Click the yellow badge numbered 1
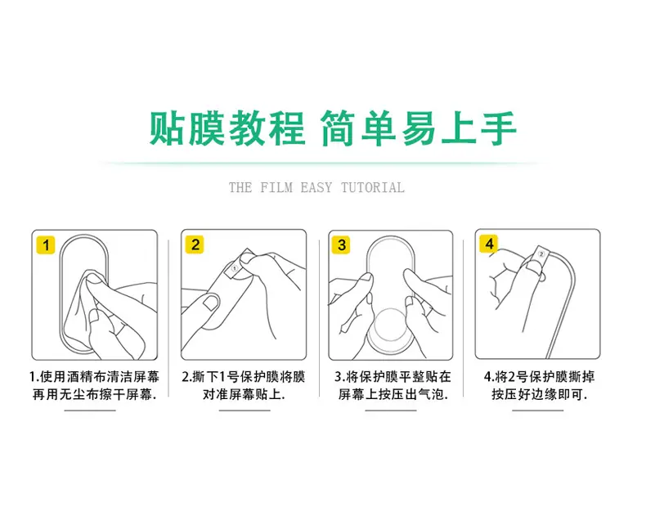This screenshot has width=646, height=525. coord(46,245)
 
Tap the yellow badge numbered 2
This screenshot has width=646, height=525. coord(195,245)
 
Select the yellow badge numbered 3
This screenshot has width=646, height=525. coord(341,245)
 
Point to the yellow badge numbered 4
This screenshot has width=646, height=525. coord(489,244)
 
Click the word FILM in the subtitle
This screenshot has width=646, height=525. coord(276,187)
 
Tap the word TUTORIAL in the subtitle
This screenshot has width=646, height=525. coord(372,187)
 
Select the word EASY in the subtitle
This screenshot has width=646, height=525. coord(316,187)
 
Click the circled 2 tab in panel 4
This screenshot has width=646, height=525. coord(541,254)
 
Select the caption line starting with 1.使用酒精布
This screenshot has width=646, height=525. coord(94,377)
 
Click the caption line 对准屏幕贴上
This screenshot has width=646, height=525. coord(244,394)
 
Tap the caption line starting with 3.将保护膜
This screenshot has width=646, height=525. coord(393,377)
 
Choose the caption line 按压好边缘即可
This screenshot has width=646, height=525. coord(540,394)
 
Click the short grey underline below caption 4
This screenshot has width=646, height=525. coord(537,411)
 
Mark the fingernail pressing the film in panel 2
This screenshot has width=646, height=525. coord(211,302)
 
